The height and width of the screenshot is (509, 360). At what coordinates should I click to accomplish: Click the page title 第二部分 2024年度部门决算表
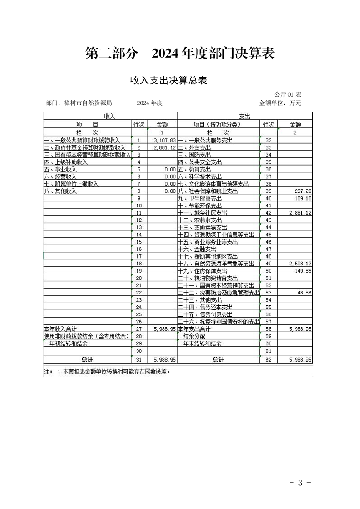pos(180,54)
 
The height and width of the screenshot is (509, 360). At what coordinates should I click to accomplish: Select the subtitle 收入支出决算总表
pos(169,81)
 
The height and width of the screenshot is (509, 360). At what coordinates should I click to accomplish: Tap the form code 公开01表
pos(287,94)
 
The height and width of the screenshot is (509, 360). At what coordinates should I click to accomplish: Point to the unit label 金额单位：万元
pos(280,103)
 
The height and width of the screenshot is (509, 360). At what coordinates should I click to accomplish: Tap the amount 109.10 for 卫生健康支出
pos(303,199)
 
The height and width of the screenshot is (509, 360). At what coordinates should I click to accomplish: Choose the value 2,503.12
pos(300,264)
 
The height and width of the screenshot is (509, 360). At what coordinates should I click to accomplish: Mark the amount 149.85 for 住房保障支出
pos(303,271)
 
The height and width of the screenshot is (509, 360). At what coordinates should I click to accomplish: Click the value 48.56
pos(304,293)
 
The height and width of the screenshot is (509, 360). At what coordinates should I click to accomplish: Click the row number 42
pos(268,213)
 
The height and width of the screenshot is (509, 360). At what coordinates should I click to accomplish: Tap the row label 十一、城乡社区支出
pos(202,213)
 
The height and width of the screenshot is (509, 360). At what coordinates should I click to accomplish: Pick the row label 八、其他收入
pos(60,191)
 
